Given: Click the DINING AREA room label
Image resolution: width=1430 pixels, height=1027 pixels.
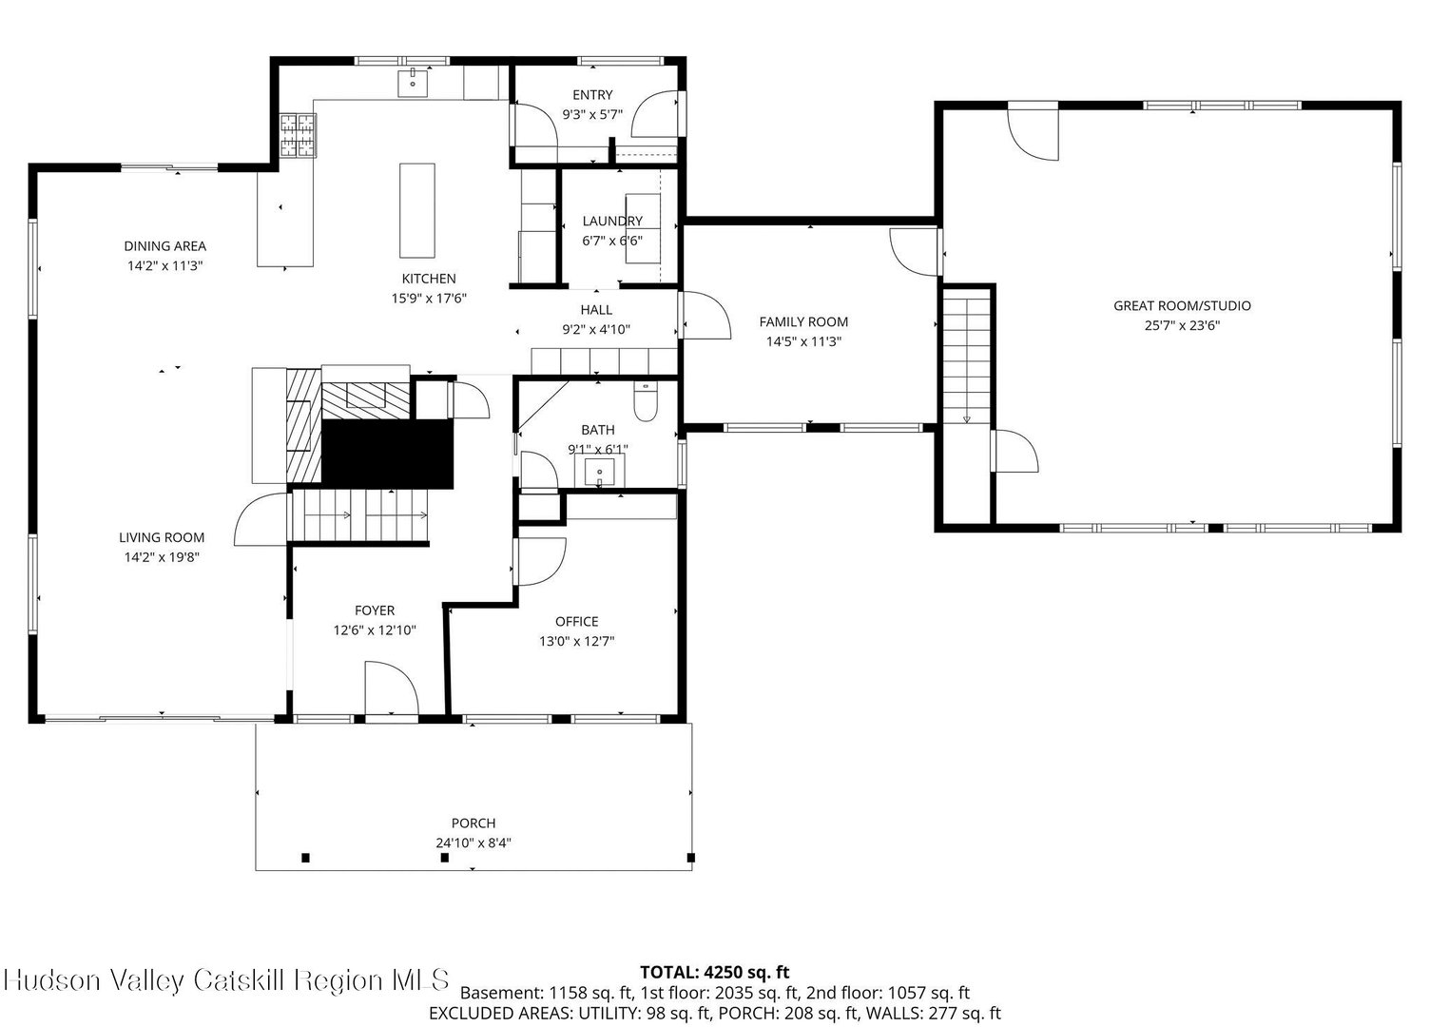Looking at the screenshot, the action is click(164, 245).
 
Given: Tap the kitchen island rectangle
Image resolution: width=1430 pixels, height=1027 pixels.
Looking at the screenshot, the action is click(416, 210).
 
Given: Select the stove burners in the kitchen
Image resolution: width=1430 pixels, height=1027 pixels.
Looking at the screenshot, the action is click(299, 135).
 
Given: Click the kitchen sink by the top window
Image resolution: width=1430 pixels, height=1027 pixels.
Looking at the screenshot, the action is click(413, 83).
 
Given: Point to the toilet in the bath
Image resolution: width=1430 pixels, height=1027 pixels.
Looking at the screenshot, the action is click(645, 401).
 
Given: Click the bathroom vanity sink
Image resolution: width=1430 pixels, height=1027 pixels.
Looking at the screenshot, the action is click(599, 471).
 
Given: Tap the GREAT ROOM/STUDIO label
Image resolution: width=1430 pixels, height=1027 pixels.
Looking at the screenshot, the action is click(1182, 306).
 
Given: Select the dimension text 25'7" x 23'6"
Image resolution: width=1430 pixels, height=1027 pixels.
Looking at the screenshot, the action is click(1182, 325).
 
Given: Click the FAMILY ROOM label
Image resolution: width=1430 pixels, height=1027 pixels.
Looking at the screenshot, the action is click(803, 321).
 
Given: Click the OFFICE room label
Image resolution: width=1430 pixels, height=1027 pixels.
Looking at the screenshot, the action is click(576, 621).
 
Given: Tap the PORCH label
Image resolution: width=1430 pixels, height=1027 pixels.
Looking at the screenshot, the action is click(473, 823).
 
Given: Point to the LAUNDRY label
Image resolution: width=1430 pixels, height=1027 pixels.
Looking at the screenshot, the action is click(612, 221).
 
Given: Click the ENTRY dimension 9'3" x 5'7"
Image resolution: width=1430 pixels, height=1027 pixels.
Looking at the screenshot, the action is click(591, 115).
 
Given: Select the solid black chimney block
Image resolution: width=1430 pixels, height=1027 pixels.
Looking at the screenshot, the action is click(387, 454).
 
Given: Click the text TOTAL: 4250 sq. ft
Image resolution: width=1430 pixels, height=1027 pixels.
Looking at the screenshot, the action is click(714, 972).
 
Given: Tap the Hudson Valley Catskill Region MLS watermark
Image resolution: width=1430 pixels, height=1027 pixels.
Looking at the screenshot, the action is click(226, 980).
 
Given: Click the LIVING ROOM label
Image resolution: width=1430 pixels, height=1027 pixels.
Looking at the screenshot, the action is click(162, 537).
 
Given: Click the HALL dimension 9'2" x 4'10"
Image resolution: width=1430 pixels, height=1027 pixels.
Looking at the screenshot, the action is click(595, 329).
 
